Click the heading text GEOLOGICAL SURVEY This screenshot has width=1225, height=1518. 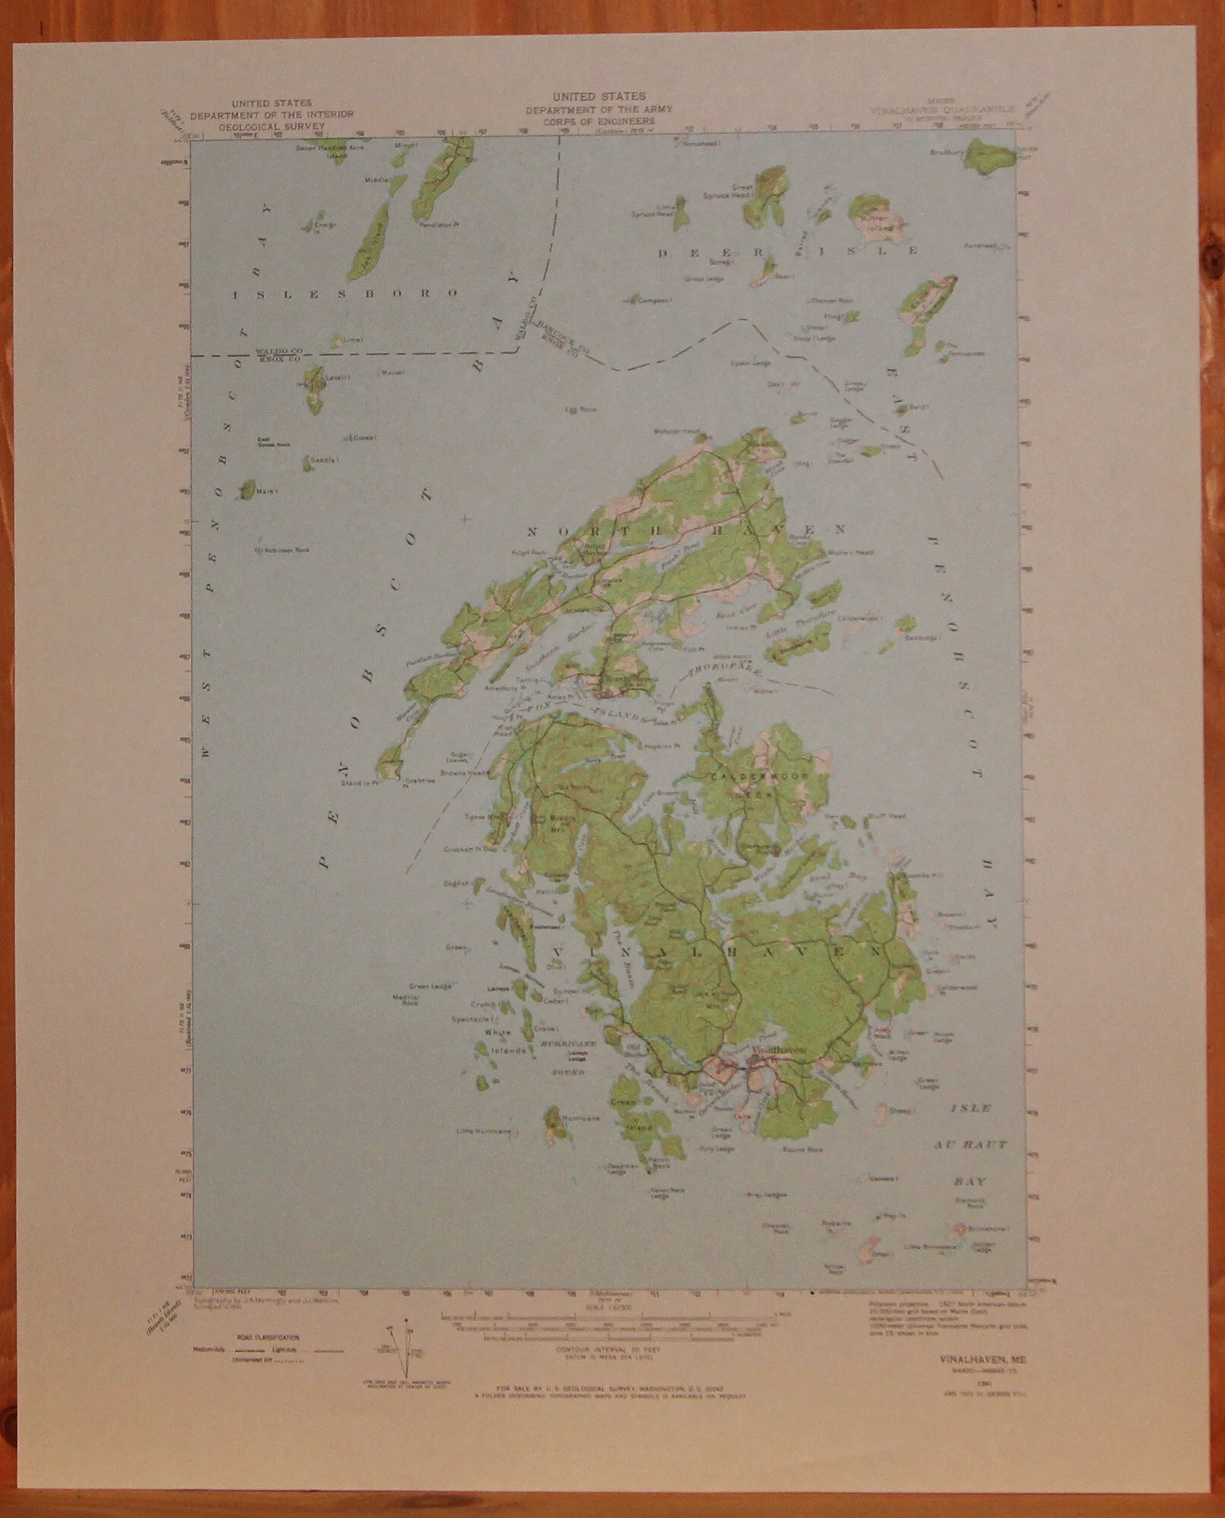[272, 127]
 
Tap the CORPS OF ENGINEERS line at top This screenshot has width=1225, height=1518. [599, 121]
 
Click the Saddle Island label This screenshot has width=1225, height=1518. [325, 460]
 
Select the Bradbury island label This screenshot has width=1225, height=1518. [947, 153]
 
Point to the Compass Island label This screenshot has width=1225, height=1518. [654, 301]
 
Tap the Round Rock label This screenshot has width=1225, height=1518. [803, 1150]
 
